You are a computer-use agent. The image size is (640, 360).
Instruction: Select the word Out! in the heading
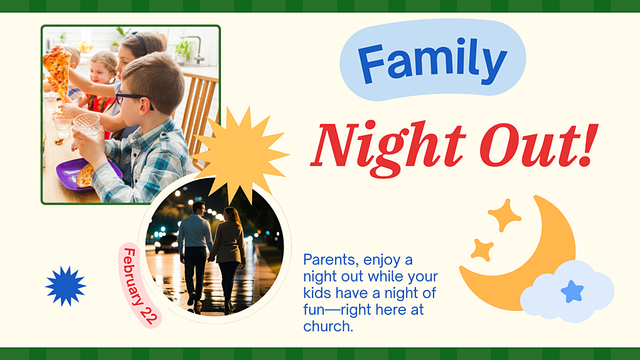pyautogui.click(x=537, y=146)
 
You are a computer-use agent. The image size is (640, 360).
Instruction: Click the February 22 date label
pyautogui.click(x=140, y=285)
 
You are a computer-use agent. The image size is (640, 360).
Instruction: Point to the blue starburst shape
pyautogui.click(x=65, y=286)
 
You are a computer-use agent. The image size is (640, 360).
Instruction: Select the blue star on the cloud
pyautogui.click(x=572, y=292)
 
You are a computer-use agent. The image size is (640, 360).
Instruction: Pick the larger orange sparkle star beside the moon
pyautogui.click(x=504, y=215)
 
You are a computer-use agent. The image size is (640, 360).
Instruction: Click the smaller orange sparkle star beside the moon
pyautogui.click(x=482, y=250)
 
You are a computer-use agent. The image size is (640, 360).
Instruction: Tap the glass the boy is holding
pyautogui.click(x=87, y=125)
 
